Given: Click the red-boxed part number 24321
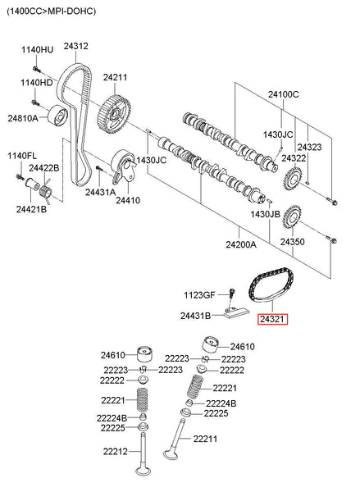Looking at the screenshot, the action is click(x=272, y=319).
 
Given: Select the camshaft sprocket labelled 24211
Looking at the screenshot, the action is click(x=115, y=115).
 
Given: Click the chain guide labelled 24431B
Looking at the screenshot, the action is click(x=236, y=314).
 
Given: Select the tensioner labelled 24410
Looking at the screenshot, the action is click(x=124, y=166).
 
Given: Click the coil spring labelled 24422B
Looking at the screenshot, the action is click(x=46, y=191).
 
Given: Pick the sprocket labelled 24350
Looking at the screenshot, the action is click(x=292, y=217).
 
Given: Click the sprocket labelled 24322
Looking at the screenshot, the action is click(x=293, y=180).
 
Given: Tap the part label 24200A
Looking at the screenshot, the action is click(x=241, y=244).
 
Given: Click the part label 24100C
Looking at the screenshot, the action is click(x=284, y=94).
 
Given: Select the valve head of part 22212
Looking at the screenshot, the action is click(x=143, y=471).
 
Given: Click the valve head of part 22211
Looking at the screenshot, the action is click(x=171, y=454).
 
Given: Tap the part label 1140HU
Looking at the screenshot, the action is click(x=38, y=49).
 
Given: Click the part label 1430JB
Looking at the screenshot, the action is click(x=265, y=214).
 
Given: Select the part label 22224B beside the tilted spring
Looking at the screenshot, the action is click(x=221, y=403).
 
